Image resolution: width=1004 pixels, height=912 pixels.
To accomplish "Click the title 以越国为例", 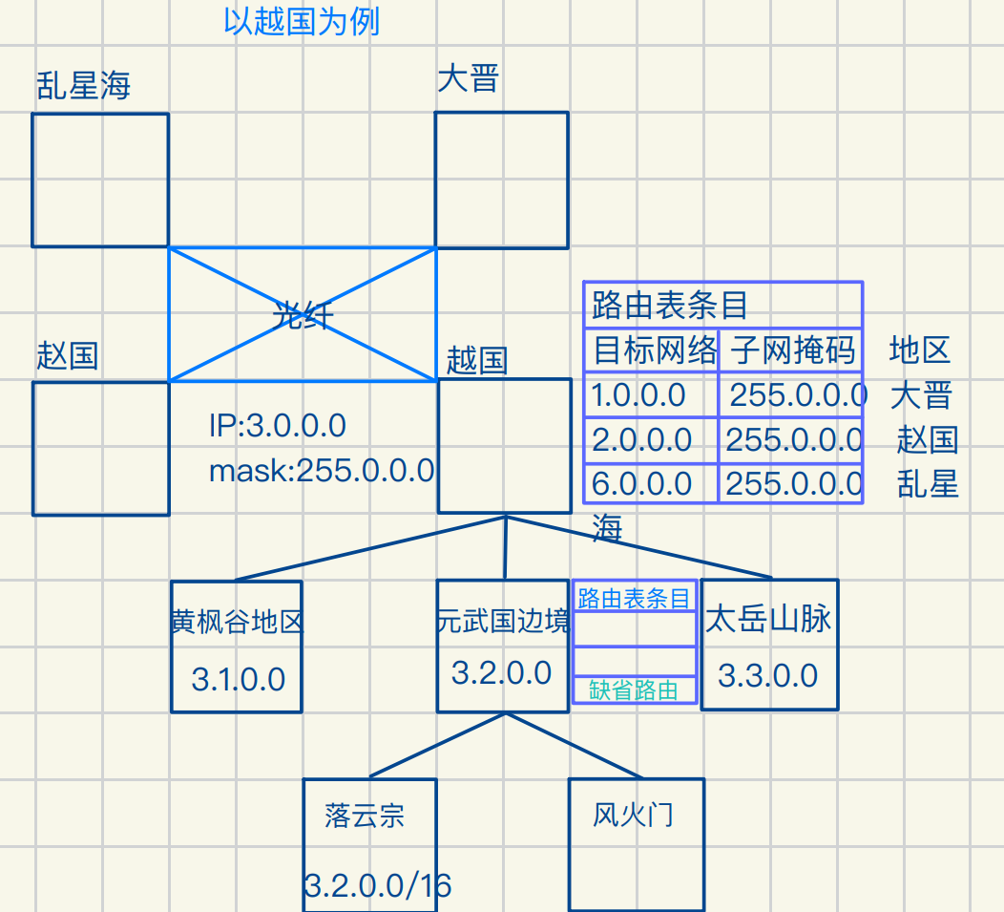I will [x=302, y=21].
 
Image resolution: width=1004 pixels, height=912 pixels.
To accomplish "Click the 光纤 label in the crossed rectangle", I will [x=303, y=315].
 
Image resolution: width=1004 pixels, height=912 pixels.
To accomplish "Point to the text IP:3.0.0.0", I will [x=277, y=426].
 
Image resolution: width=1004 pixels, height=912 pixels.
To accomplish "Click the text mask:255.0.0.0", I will [x=322, y=470].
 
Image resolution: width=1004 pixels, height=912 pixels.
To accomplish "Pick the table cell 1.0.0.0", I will [x=638, y=395].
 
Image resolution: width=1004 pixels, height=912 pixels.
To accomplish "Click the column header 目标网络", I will [x=655, y=351].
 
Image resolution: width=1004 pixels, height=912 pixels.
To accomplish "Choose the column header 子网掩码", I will [x=793, y=351].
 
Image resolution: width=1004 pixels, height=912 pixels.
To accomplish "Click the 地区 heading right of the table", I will [x=920, y=350].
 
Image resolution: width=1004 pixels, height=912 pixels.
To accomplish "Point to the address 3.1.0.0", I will [x=239, y=679].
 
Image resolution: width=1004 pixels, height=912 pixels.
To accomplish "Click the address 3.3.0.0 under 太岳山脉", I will [x=767, y=676].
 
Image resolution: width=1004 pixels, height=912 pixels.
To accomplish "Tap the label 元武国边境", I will [x=503, y=622].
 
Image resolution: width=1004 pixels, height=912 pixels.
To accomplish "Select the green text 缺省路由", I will [x=634, y=690].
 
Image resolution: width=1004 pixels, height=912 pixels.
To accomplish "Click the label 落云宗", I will [x=365, y=816].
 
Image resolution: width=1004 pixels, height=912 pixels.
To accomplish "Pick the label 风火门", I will [x=633, y=815].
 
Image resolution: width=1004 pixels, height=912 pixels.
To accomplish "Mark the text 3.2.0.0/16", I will [x=378, y=886].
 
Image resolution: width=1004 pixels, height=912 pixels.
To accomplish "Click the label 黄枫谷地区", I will [x=237, y=623].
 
